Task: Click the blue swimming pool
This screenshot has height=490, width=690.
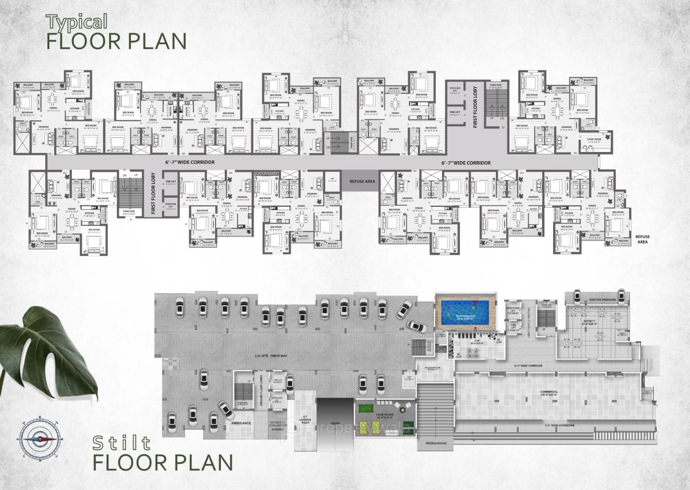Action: click(466, 312)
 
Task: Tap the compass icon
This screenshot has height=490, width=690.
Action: click(38, 438)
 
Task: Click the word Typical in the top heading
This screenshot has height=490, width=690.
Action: click(77, 21)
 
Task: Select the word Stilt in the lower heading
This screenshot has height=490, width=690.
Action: click(122, 443)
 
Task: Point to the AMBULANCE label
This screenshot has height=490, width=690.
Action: click(241, 423)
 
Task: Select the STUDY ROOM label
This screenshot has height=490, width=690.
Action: click(594, 139)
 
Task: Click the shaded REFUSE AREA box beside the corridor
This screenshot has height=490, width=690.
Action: click(363, 181)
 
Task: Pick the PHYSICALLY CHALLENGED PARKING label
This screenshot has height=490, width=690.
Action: click(277, 425)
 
